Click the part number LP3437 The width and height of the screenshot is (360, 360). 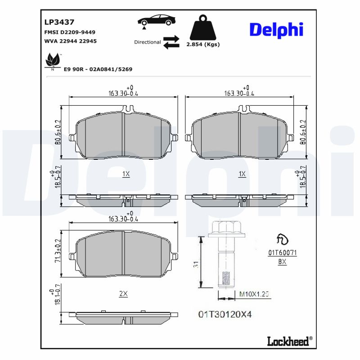[x=59, y=22]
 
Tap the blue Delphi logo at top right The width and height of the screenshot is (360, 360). [x=276, y=30]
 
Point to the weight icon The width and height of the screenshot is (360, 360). [x=202, y=28]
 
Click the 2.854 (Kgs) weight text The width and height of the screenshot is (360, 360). [x=202, y=45]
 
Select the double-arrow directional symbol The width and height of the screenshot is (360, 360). [x=171, y=41]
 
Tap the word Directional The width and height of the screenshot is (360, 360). [x=147, y=42]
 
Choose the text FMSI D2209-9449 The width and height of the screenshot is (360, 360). [x=69, y=32]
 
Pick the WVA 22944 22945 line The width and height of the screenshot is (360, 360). [x=70, y=41]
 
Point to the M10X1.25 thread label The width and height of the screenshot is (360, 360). [x=253, y=294]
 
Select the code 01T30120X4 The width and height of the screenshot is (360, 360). [x=225, y=314]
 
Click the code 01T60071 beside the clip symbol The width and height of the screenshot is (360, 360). [x=282, y=253]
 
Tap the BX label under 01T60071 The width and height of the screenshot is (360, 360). [x=282, y=261]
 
